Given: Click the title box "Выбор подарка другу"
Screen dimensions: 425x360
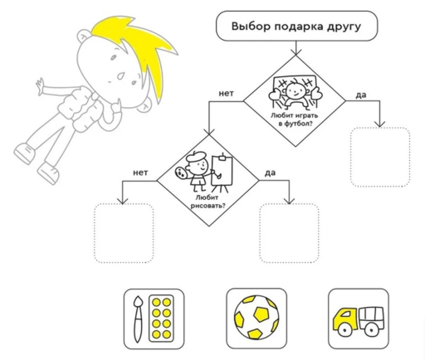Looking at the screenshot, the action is coord(296,26).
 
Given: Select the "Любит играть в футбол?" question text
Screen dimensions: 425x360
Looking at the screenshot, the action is coord(294,119).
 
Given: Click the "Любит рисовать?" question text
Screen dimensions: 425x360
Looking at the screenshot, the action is coord(208,202).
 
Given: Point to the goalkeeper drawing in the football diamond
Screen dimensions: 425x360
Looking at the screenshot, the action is coord(296,92).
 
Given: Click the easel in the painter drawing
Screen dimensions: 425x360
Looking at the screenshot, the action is coord(222,173).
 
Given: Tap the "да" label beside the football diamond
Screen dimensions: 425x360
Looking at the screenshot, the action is coord(361,95).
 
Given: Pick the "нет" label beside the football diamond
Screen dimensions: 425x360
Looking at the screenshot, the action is coord(226,94).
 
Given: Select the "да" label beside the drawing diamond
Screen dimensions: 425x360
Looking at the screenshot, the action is coord(270,173).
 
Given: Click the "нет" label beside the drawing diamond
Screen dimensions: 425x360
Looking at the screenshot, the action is coord(140,173).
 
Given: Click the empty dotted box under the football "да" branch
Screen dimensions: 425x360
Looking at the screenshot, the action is coord(380,157).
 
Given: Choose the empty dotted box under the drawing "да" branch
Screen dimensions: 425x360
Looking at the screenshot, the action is coord(289,233).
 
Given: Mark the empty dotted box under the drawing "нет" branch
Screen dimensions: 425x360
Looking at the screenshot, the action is coord(124,233).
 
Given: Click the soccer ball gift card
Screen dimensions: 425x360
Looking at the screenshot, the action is coord(256,319).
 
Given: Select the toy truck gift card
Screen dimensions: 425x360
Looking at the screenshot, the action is coord(359,319).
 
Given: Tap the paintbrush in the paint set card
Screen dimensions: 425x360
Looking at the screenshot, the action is coord(138,319).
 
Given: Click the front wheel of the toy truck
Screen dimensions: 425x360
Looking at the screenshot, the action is coord(344,330).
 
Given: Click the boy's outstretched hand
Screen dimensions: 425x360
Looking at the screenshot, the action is coord(40,85).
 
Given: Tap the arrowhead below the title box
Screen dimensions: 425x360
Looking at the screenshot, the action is coord(296,52).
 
